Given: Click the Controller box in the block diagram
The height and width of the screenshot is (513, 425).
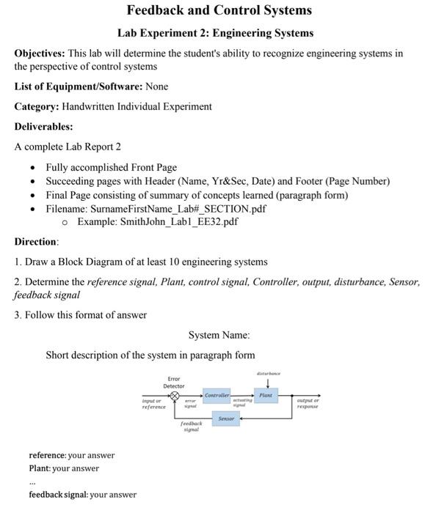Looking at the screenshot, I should pyautogui.click(x=217, y=396).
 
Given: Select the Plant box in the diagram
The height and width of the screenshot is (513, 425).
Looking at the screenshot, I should pyautogui.click(x=266, y=396).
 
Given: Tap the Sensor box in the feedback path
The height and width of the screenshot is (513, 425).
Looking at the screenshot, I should pyautogui.click(x=226, y=418).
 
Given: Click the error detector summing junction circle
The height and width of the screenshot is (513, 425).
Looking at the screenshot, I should pyautogui.click(x=175, y=396).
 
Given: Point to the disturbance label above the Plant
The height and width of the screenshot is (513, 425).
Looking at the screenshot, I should pyautogui.click(x=268, y=374).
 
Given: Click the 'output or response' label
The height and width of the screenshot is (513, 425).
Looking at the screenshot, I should pyautogui.click(x=308, y=403).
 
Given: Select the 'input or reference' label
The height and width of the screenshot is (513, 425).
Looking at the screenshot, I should pyautogui.click(x=153, y=403).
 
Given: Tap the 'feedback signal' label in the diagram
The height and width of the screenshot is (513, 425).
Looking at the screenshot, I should pyautogui.click(x=191, y=427).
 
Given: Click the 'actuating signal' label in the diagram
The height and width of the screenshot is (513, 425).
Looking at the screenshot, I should pyautogui.click(x=241, y=402).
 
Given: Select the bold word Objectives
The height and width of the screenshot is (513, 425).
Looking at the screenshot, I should pyautogui.click(x=39, y=53).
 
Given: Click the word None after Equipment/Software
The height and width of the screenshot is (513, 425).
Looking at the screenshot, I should pyautogui.click(x=157, y=86).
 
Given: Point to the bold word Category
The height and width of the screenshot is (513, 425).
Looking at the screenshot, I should pyautogui.click(x=40, y=106).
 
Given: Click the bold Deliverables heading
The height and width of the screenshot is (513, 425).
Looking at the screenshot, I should pyautogui.click(x=43, y=126).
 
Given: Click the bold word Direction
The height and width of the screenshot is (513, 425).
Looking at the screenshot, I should pyautogui.click(x=35, y=242).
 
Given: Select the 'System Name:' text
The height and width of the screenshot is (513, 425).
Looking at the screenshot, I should pyautogui.click(x=219, y=335).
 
